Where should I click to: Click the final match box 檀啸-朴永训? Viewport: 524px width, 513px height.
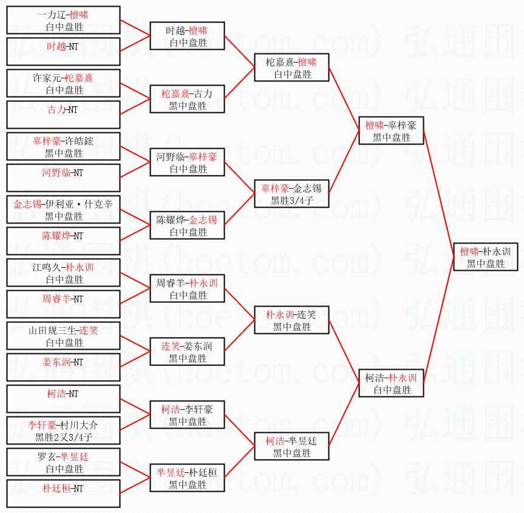point(486,257)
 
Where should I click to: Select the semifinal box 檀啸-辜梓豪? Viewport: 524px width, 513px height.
point(390,131)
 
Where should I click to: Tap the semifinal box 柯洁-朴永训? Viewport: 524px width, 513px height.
point(390,383)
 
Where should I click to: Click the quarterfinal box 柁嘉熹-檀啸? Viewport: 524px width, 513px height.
point(291,67)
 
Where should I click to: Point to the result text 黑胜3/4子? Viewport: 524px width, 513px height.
point(291,200)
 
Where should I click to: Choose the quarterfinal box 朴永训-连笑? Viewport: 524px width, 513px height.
point(291,320)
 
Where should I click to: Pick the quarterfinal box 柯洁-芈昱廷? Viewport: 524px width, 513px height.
point(291,446)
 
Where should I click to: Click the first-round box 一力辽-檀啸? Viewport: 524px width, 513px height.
point(63,21)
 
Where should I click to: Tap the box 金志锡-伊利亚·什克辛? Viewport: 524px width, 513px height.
point(63,210)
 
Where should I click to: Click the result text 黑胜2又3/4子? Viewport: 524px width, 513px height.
point(63,436)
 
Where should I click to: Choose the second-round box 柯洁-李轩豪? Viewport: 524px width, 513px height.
point(187,415)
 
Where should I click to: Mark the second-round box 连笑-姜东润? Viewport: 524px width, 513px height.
point(187,352)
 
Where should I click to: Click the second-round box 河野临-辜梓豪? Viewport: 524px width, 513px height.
point(187,162)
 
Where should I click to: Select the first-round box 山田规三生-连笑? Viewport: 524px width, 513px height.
point(63,336)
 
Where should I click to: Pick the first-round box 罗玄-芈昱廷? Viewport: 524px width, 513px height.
point(63,462)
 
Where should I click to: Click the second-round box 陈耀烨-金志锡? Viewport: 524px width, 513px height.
point(187,225)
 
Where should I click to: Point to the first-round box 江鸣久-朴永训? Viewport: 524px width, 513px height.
point(63,273)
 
